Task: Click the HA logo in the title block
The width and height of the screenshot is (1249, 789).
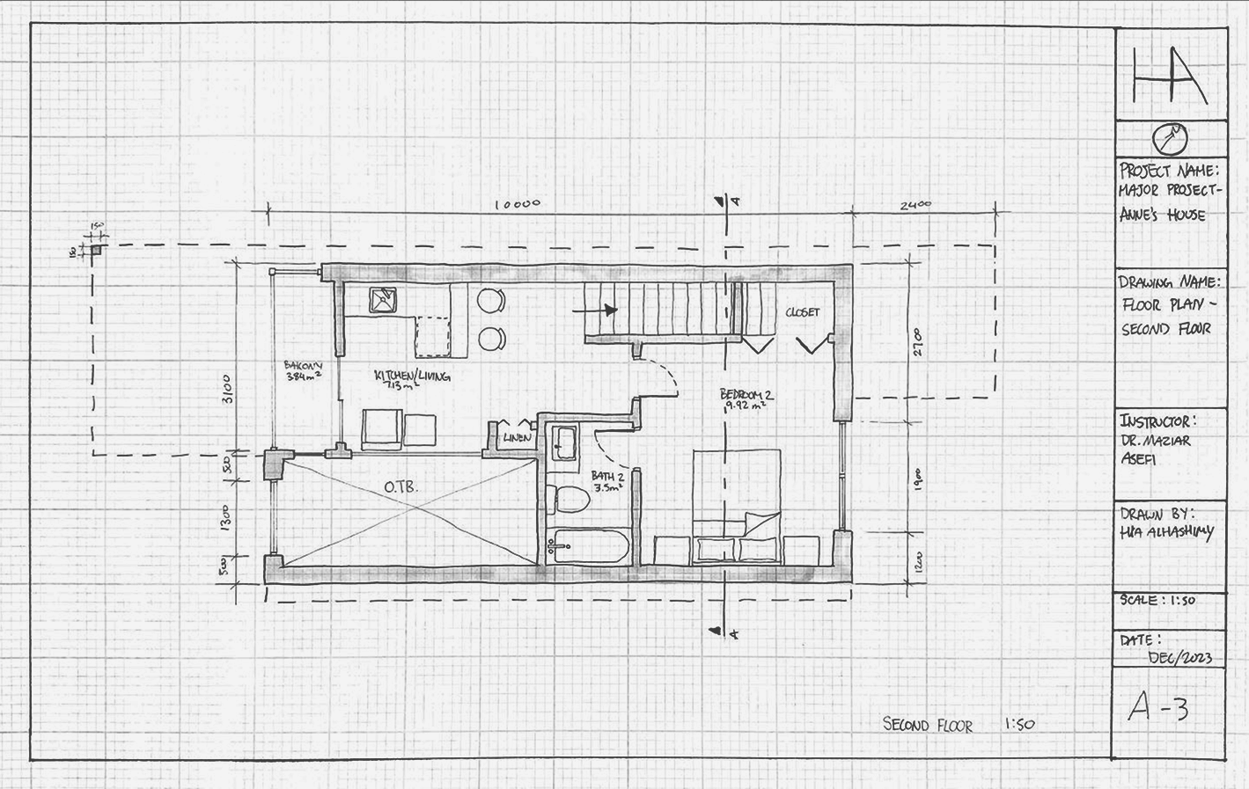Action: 1169,76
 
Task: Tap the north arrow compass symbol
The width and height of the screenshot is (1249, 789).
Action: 1170,138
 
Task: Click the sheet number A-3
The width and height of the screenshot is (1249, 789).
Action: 1158,706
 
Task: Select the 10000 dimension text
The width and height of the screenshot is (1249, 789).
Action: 517,204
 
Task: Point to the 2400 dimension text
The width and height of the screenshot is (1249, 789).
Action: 915,206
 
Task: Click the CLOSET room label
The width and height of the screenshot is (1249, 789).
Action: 802,312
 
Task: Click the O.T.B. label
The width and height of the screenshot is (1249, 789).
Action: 400,486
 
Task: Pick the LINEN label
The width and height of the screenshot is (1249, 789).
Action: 515,437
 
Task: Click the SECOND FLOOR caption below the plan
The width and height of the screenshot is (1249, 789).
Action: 928,725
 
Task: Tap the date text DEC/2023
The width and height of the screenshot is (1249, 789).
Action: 1179,658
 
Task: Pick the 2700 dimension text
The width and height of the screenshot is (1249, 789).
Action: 916,344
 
